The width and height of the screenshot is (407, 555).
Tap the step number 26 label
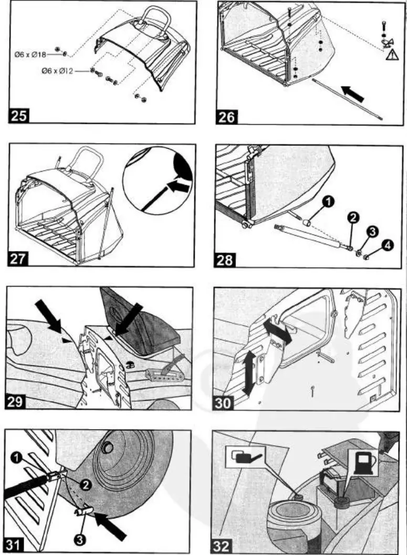click(226, 116)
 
